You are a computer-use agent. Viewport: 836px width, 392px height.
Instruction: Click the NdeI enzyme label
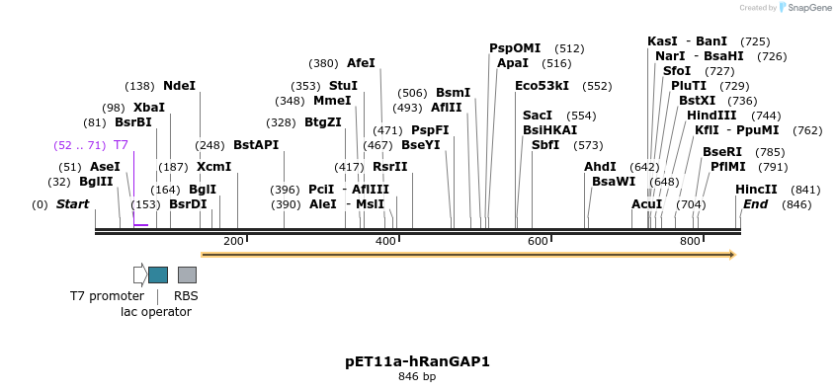179,86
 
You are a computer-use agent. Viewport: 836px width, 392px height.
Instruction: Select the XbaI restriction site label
149,107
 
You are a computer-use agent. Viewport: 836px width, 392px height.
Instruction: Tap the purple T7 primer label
121,145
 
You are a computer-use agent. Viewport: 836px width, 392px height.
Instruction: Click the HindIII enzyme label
711,116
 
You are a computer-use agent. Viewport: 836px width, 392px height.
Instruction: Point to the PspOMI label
515,47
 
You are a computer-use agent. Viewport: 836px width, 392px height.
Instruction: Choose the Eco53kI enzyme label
542,86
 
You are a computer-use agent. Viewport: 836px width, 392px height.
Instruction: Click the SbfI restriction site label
545,145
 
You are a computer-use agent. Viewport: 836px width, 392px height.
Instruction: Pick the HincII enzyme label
756,189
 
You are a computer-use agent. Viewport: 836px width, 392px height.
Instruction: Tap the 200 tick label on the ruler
233,241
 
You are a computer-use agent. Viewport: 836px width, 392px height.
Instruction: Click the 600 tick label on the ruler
538,241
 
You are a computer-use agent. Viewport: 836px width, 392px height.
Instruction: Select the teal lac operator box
158,274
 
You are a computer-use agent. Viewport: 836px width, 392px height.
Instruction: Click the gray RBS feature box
187,274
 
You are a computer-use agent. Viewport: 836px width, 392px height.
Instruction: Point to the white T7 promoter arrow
140,274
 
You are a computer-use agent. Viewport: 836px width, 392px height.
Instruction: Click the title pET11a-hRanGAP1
418,361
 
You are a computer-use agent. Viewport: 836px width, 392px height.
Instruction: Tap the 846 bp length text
418,377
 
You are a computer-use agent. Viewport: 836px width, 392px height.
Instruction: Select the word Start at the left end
72,204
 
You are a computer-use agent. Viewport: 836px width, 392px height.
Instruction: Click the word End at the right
755,204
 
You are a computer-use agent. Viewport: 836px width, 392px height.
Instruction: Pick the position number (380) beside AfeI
323,63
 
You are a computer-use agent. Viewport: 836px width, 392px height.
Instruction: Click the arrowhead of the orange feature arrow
731,255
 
